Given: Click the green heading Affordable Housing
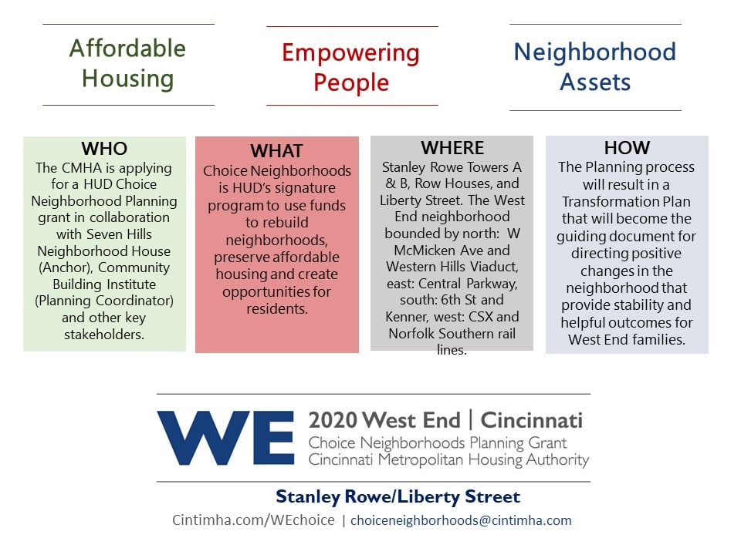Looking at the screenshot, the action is pos(127,63).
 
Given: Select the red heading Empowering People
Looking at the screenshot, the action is pos(350,67).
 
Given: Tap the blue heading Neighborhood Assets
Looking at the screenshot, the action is pos(595,66).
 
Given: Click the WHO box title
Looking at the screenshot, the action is pos(104,149).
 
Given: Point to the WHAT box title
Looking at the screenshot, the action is pos(276,151).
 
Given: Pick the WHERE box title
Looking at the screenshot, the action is pos(452,148).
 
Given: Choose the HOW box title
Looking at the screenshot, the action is pos(627,148).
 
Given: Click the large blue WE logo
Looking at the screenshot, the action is pos(226,438).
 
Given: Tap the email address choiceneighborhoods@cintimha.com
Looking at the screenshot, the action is pos(461,520).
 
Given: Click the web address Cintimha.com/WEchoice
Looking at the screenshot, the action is pos(253,520).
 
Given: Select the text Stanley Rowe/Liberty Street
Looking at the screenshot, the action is pos(398,496).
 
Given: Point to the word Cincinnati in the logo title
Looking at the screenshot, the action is pos(532,420).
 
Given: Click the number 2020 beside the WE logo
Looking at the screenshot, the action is pos(332,420).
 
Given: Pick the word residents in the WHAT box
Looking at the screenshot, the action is pos(277,308).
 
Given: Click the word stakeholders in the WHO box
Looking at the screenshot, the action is pos(104,334).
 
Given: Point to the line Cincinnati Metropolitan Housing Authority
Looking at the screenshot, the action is pos(448,459).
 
